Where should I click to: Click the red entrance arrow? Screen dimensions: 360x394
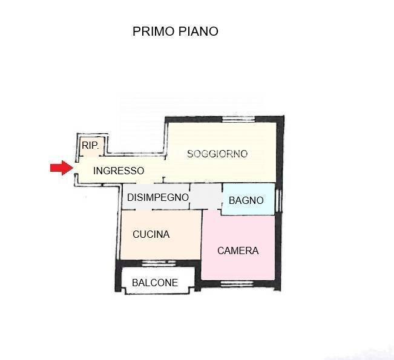pyautogui.click(x=61, y=168)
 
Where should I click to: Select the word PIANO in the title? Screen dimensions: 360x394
pyautogui.click(x=197, y=31)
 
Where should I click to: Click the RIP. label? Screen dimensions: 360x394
pyautogui.click(x=90, y=145)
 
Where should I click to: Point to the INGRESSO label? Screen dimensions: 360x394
pyautogui.click(x=119, y=171)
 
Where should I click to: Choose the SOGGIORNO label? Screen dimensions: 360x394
pyautogui.click(x=217, y=154)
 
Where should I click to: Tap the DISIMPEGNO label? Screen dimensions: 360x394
pyautogui.click(x=157, y=197)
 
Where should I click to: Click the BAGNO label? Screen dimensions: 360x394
pyautogui.click(x=246, y=200)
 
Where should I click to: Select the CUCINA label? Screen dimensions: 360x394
pyautogui.click(x=151, y=235)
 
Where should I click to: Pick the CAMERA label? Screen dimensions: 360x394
pyautogui.click(x=238, y=250)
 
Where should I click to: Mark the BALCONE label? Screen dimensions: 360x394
pyautogui.click(x=155, y=283)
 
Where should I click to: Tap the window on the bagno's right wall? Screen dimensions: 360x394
pyautogui.click(x=278, y=200)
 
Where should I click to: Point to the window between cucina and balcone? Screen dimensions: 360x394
pyautogui.click(x=159, y=263)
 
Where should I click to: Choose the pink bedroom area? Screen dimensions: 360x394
pyautogui.click(x=230, y=266)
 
